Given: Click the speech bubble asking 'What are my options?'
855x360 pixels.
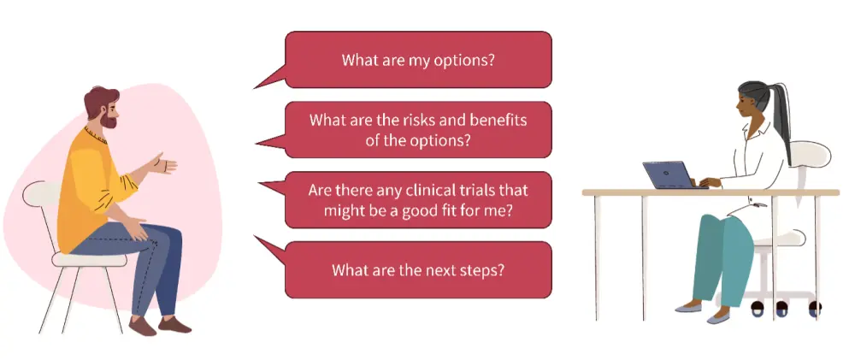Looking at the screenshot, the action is click(418, 60).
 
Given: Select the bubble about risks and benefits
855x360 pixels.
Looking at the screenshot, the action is click(418, 130).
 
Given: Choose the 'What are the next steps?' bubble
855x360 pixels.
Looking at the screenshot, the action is click(418, 270).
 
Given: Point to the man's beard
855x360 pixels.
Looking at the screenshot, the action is click(109, 120).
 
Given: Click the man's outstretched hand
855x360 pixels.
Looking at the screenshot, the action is click(163, 163).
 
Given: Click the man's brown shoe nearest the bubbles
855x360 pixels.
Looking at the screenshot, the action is click(174, 326).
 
